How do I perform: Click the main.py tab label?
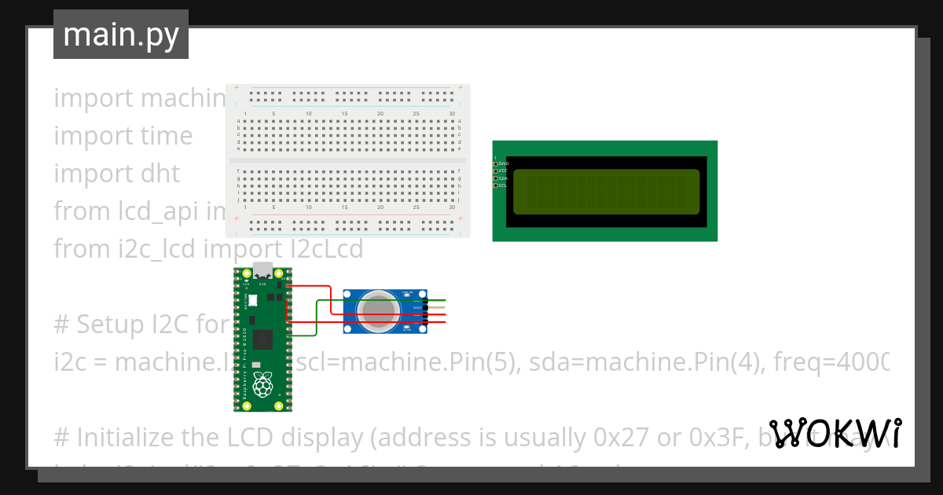pos(120,35)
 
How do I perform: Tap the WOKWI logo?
pos(835,433)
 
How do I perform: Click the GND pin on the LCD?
pos(496,163)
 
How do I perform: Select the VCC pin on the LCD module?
pos(496,170)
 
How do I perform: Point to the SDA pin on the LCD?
pos(496,178)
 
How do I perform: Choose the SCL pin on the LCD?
pos(496,185)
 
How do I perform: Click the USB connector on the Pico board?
pos(262,270)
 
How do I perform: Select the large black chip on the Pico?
pos(262,339)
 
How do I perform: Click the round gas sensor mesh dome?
pos(377,310)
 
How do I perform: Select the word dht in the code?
pos(160,174)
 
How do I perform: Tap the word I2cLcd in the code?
pos(325,249)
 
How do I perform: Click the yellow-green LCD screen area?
pos(606,192)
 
